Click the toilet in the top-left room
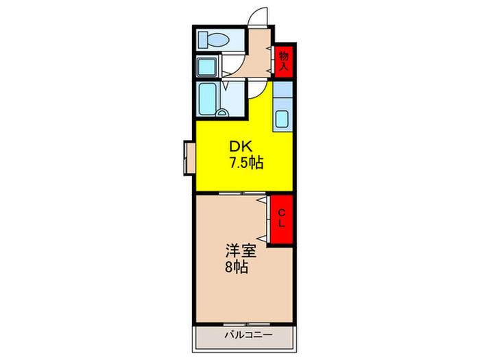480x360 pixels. click(x=213, y=40)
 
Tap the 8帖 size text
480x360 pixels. click(x=236, y=267)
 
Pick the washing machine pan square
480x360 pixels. click(x=207, y=67)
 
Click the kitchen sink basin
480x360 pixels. click(x=283, y=119)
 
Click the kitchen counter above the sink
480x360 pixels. click(x=283, y=93)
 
